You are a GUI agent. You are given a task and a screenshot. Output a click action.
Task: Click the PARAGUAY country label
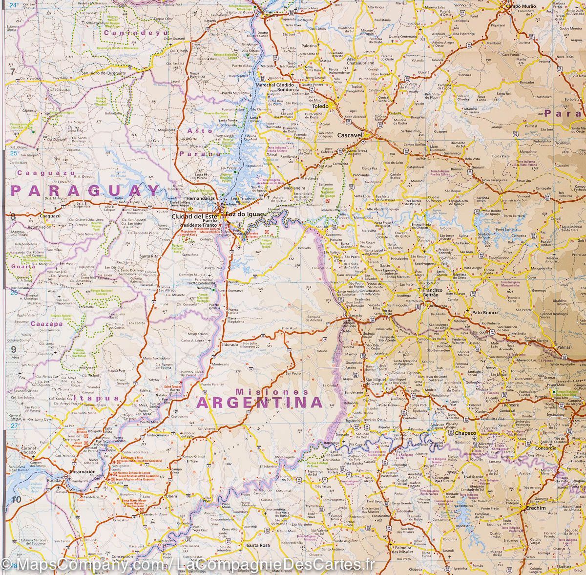pyautogui.click(x=86, y=190)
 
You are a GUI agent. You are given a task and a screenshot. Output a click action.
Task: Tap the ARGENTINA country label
pyautogui.click(x=259, y=403)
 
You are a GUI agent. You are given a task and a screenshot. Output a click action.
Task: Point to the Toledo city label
pyautogui.click(x=321, y=105)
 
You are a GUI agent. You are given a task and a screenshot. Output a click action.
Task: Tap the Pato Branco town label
pyautogui.click(x=484, y=311)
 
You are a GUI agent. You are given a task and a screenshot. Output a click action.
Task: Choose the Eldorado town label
pyautogui.click(x=231, y=344)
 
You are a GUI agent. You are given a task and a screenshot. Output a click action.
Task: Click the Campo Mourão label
pyautogui.click(x=521, y=6)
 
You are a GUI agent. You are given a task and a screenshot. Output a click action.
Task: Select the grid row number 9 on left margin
pyautogui.click(x=14, y=349)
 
